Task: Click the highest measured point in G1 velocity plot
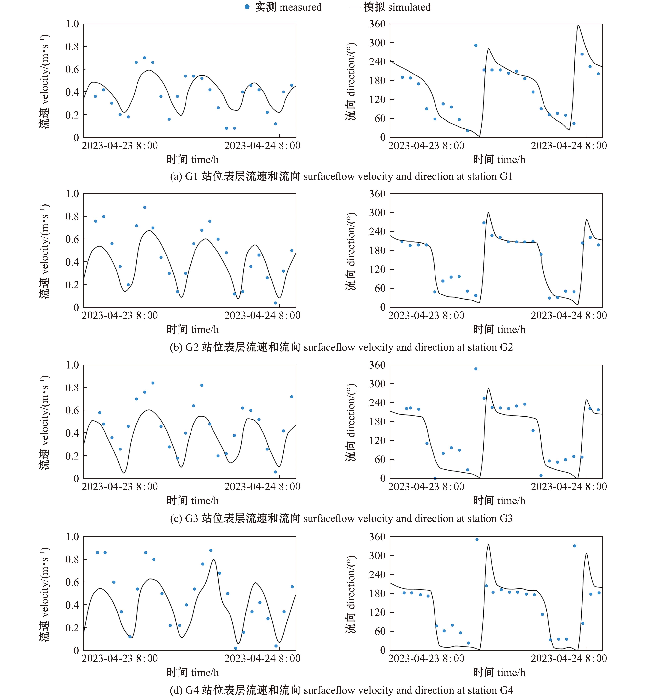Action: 144,58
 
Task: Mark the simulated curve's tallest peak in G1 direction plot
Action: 578,25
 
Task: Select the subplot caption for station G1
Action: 341,176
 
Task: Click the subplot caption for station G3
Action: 341,519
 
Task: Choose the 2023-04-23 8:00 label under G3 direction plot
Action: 426,487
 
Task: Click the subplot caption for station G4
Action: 341,690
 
